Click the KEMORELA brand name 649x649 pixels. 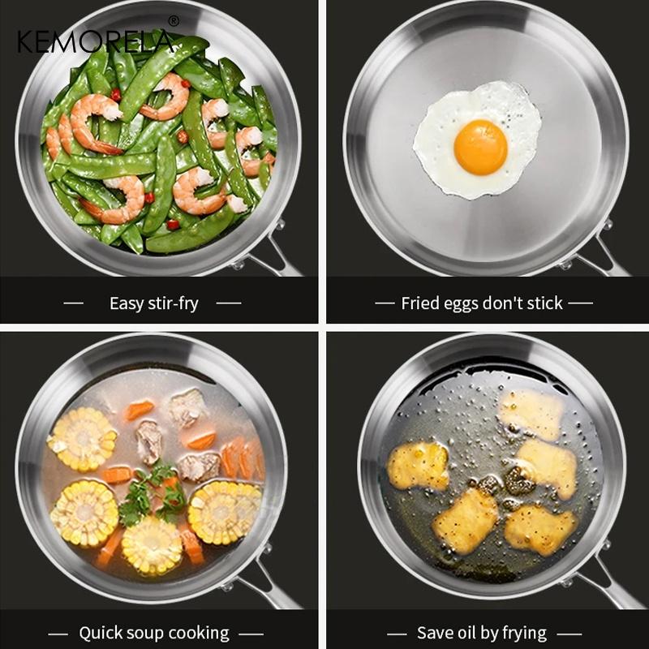click(x=96, y=41)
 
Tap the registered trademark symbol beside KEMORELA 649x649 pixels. click(x=173, y=21)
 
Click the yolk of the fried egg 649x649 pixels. click(x=480, y=147)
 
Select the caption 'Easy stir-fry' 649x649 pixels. click(x=153, y=303)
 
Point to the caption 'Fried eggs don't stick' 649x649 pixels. click(x=482, y=303)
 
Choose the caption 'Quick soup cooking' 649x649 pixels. click(x=153, y=633)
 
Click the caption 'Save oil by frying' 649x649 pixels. click(x=482, y=633)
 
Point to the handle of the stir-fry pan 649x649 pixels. click(x=272, y=259)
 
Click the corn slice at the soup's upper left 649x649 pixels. click(x=82, y=439)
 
